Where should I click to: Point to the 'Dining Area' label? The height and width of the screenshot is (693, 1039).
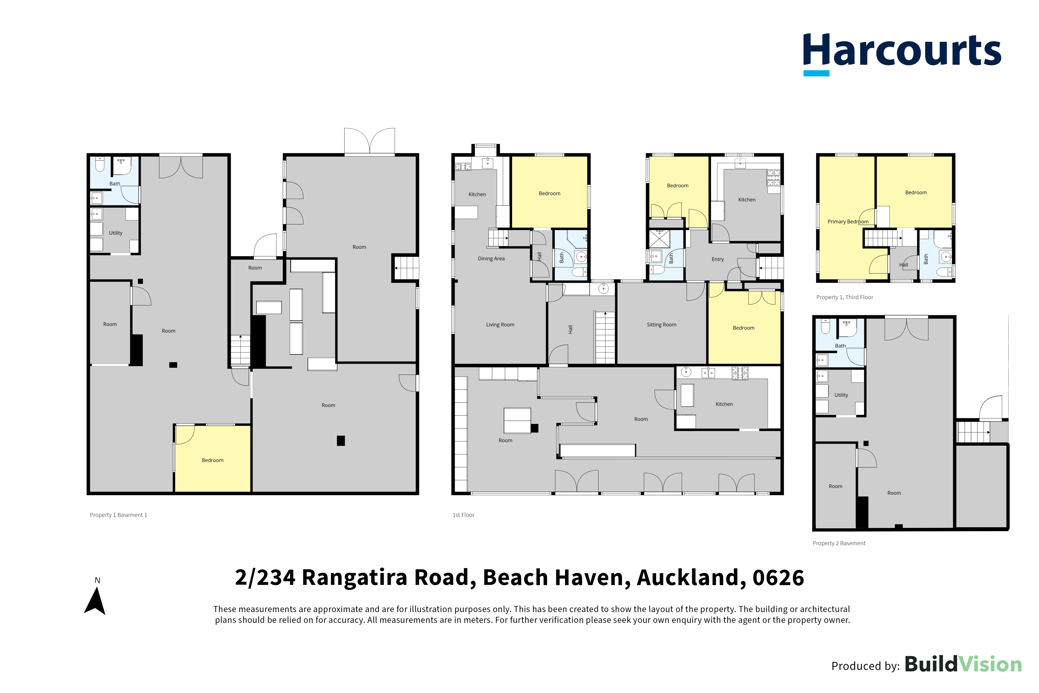(x=491, y=259)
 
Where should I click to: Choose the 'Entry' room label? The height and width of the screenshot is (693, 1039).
(x=718, y=259)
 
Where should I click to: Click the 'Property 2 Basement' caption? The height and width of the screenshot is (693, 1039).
(x=839, y=543)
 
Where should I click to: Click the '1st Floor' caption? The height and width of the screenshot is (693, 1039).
(x=464, y=515)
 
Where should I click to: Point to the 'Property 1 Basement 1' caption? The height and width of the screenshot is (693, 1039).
(x=118, y=515)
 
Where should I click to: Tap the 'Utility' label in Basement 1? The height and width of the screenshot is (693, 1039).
(x=116, y=233)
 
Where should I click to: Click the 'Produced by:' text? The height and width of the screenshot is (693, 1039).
(x=865, y=666)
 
